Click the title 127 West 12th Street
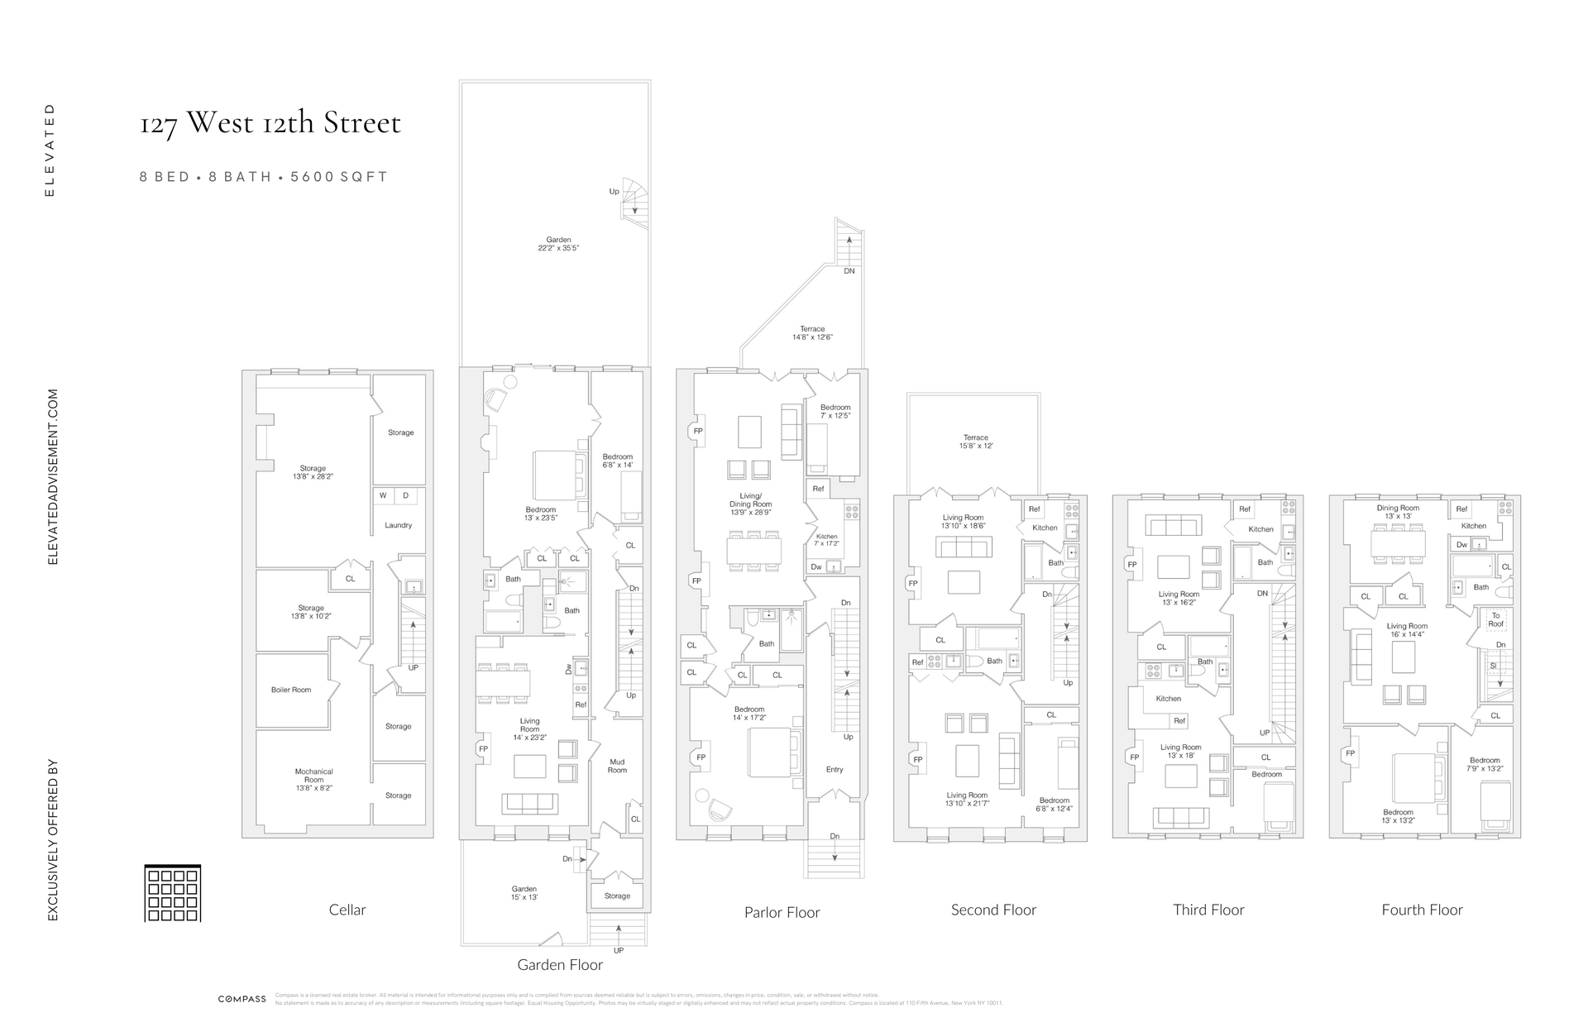coord(270,123)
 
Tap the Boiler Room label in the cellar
coord(291,690)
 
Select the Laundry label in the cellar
coord(398,525)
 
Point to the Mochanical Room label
coord(313,780)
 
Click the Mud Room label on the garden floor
coord(617,766)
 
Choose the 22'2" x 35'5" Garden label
coord(558,244)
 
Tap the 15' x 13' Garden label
coord(524,893)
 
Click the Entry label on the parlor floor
coord(835,769)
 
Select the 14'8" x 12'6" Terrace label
coord(812,333)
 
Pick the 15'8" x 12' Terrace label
coord(976,442)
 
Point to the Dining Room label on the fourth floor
coord(1398,512)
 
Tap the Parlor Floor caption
coord(782,913)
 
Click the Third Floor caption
coord(1208,910)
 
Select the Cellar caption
coord(347,910)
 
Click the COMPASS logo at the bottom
coord(242,999)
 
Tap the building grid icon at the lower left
coord(173,893)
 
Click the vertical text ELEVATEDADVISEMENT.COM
coord(53,477)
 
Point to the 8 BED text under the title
coord(165,177)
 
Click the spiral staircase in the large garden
coord(634,199)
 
